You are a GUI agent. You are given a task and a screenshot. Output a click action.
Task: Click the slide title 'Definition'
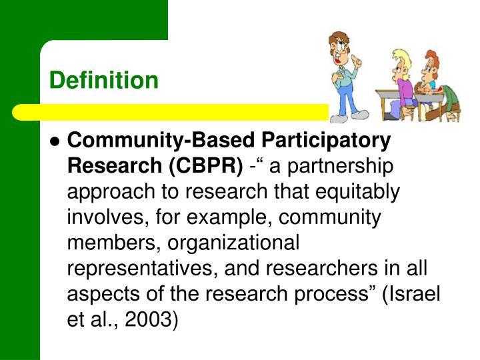104,81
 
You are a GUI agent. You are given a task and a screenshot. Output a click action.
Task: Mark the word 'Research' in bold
113,166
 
